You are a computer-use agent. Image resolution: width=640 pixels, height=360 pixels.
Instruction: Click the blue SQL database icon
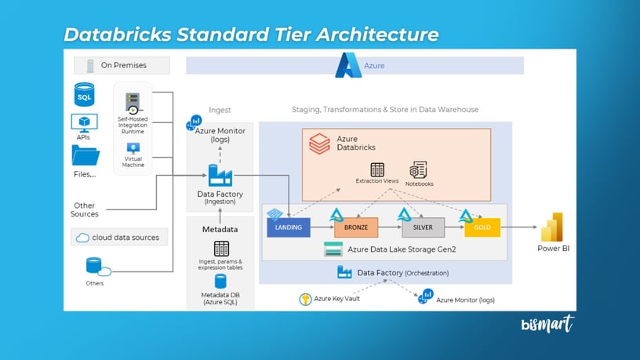coord(84,96)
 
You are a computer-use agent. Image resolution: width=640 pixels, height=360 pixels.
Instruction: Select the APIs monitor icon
coord(84,122)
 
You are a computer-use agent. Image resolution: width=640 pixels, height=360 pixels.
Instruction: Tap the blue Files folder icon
coord(85,156)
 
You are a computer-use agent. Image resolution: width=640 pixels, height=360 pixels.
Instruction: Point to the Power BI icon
coord(553,227)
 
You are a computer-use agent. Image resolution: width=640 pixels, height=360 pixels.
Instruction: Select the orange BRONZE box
coord(356,227)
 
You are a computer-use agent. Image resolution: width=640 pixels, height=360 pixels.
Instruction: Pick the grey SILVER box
coord(424,227)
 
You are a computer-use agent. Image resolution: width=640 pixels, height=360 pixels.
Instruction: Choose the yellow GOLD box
coord(482,227)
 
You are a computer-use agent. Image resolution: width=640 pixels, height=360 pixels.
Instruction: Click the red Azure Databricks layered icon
coord(319,143)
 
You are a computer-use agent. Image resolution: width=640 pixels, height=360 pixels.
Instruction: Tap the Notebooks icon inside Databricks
coord(418,170)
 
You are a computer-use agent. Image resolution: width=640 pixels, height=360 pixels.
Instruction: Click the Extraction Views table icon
coord(377,169)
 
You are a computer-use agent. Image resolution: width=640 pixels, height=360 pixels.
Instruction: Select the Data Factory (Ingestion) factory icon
coord(219,176)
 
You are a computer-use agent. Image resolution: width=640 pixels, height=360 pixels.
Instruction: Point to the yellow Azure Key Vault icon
coord(306,299)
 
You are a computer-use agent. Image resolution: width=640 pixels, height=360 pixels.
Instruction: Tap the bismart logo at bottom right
coord(547,324)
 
